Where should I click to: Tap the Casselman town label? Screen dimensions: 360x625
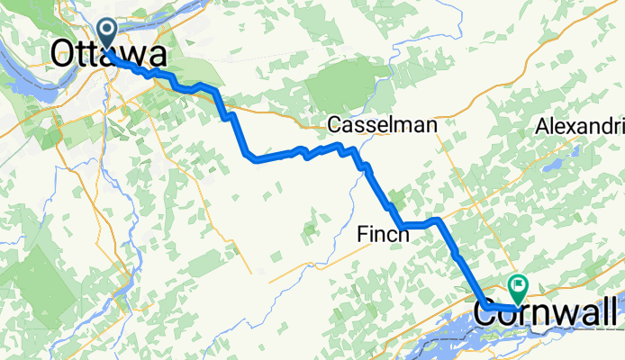tap(382, 125)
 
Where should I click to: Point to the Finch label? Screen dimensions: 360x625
tap(384, 234)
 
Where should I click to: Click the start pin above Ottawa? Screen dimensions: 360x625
tap(107, 34)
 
